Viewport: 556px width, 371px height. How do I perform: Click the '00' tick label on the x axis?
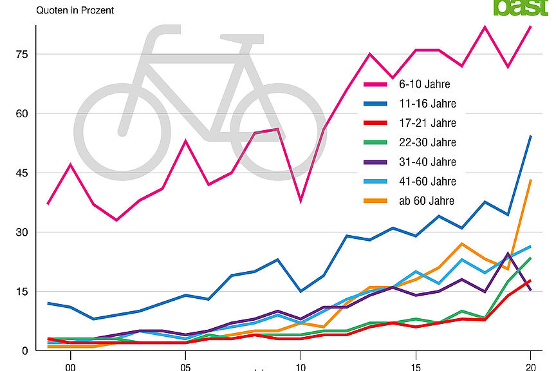70,366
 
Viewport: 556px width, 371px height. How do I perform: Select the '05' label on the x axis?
185,366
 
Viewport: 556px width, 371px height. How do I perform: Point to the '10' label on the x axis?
300,366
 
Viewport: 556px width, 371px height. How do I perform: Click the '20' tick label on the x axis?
530,366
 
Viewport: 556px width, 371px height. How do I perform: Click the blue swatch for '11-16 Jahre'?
376,103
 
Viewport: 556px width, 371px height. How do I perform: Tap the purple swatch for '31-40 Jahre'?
376,162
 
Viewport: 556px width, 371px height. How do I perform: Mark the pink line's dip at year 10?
300,201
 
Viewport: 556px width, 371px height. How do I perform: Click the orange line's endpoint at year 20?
530,180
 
